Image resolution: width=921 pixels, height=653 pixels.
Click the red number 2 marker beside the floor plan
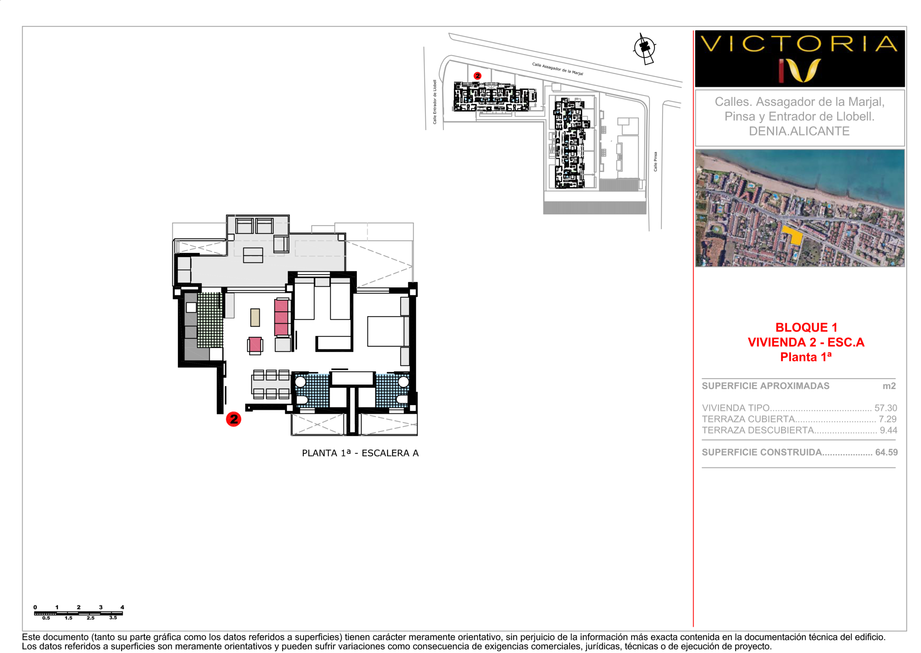pos(233,419)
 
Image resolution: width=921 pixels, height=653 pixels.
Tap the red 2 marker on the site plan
pos(477,76)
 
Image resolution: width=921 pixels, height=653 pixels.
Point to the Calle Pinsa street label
pos(655,162)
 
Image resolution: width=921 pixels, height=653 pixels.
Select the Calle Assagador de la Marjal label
pos(557,69)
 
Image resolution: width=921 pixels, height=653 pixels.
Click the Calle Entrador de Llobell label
pos(434,102)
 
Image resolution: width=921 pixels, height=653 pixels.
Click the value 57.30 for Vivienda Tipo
pos(885,408)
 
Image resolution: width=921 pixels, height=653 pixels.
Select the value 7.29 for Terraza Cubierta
pos(887,419)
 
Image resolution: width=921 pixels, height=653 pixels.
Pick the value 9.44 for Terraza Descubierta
pos(888,430)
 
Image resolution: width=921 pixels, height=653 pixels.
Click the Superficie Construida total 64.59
pos(886,452)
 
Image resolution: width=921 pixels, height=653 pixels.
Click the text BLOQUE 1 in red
pos(806,327)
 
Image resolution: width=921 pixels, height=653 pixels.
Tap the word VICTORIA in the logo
pos(799,44)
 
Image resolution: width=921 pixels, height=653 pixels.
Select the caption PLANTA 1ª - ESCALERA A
pos(360,453)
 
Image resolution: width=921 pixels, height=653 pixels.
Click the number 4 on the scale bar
pos(122,607)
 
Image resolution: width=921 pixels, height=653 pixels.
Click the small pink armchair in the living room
pos(255,345)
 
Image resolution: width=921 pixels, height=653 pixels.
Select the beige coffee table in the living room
pos(255,317)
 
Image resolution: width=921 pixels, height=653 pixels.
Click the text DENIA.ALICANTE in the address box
pos(799,131)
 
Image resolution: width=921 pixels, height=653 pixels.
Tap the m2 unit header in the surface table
pos(889,386)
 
